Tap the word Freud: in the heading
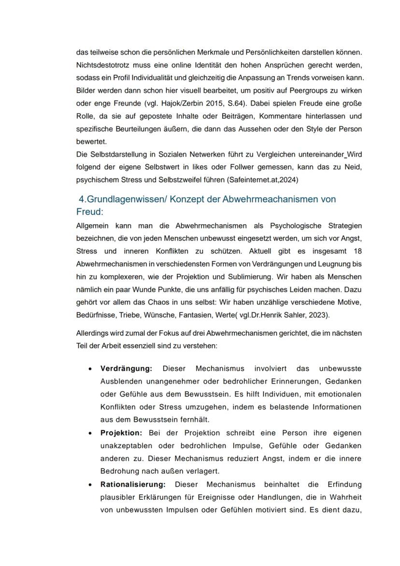click(90, 212)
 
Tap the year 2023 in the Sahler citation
click(314, 315)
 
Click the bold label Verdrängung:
click(126, 369)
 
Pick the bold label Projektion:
click(121, 433)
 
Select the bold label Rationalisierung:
click(133, 484)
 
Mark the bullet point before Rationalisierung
click(90, 484)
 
